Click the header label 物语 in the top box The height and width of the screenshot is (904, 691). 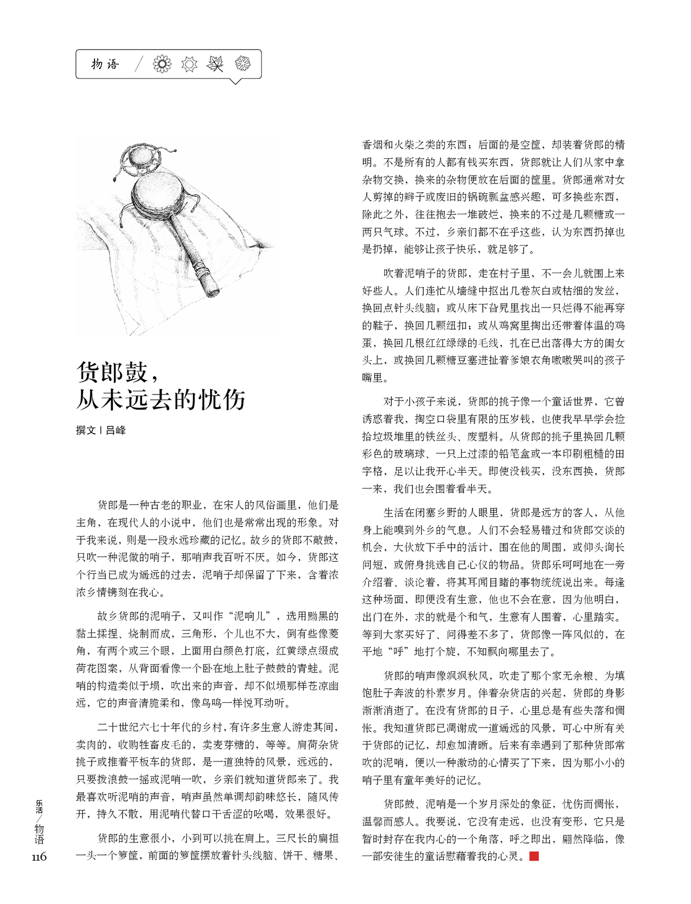tap(105, 64)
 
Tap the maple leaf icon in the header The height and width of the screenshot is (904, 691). tap(215, 64)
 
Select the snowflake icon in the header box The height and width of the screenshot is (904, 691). tap(243, 64)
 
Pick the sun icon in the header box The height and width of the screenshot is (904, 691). tap(189, 64)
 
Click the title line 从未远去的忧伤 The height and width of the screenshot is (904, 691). tap(161, 399)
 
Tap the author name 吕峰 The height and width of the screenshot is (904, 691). tap(116, 430)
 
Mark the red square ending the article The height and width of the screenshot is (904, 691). tap(534, 856)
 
